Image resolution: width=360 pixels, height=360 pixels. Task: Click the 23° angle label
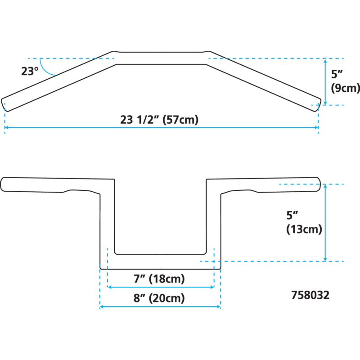click(x=30, y=71)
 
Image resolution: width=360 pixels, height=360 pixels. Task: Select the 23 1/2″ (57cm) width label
click(x=159, y=120)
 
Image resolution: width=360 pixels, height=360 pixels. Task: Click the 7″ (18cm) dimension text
click(x=159, y=279)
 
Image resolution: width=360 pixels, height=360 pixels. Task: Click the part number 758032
click(x=310, y=295)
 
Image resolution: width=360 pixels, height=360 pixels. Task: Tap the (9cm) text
click(x=345, y=88)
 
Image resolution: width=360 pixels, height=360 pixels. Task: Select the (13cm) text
click(x=304, y=229)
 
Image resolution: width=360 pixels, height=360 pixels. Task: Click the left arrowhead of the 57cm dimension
click(x=6, y=128)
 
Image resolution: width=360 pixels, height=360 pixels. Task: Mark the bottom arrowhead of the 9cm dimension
click(x=325, y=102)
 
